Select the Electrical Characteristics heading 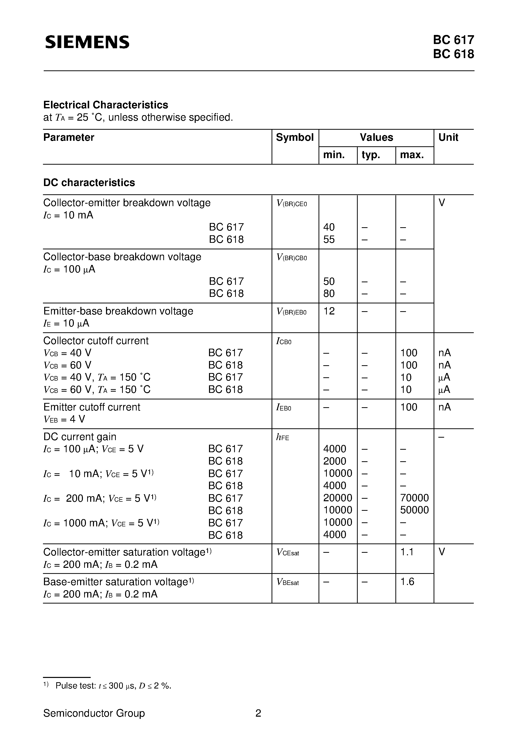coord(106,105)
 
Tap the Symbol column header coord(295,137)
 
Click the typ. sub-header coord(371,155)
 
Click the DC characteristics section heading coord(89,182)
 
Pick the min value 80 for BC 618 coord(329,293)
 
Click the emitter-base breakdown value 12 coord(329,311)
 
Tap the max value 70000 coord(414,498)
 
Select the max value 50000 coord(414,510)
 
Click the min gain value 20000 coord(337,498)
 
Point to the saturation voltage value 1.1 coord(407,552)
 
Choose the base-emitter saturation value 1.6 coord(407,581)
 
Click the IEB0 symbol coord(284,407)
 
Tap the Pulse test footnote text coord(113,685)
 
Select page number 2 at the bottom coord(258,713)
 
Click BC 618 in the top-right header coord(453,54)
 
